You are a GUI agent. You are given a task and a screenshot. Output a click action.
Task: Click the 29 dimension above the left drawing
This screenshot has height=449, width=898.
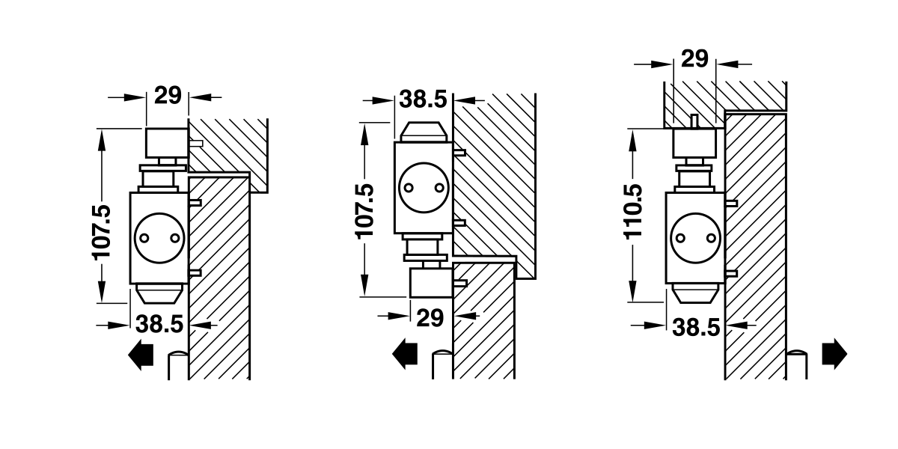click(x=168, y=96)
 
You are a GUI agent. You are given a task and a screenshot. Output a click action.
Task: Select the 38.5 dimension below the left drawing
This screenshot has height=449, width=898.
click(x=159, y=324)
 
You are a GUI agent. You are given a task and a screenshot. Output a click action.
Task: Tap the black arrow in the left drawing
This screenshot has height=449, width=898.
click(x=141, y=354)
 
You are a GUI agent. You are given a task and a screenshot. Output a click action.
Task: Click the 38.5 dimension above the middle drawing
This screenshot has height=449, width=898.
click(x=422, y=99)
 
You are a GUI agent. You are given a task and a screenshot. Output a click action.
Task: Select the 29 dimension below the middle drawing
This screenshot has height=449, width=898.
click(x=429, y=317)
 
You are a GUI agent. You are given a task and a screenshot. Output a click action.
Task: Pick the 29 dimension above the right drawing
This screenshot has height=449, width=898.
click(x=695, y=59)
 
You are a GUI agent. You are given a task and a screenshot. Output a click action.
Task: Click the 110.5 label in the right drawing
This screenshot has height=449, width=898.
click(x=634, y=211)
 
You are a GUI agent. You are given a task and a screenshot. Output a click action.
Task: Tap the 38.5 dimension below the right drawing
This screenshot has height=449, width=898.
click(x=696, y=326)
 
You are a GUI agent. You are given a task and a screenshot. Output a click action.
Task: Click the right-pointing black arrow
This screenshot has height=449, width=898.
click(x=834, y=352)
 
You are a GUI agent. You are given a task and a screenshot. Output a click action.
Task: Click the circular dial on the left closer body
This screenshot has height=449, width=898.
click(x=158, y=237)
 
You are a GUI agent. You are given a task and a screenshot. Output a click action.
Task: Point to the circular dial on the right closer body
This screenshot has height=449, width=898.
click(x=694, y=238)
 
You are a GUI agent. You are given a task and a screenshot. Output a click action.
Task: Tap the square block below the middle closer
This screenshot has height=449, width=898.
click(x=431, y=283)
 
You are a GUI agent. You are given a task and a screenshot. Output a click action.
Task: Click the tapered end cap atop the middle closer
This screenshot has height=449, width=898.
click(x=423, y=132)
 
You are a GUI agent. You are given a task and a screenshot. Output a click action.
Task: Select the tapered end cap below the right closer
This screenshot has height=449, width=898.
click(x=696, y=294)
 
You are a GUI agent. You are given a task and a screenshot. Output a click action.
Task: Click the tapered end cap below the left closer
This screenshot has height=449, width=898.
click(x=159, y=293)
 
